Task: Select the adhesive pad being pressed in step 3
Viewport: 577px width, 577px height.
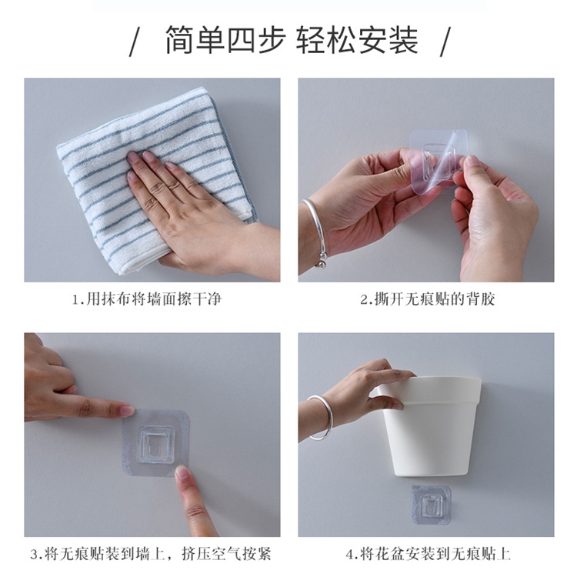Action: coord(155,443)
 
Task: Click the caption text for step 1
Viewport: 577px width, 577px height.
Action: coord(147,299)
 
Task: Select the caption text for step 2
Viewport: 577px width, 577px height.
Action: coord(427,299)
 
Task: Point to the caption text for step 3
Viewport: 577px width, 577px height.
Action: coord(151,553)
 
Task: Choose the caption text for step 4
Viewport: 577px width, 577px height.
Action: coord(428,553)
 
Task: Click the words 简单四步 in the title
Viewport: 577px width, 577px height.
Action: coord(225,40)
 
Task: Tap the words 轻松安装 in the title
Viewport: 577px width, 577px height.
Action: coord(357,40)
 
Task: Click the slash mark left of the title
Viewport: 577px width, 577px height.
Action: coord(135,42)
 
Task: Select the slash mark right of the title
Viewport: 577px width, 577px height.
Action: coord(445,42)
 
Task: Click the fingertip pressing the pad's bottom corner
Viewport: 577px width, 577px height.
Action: coord(182,472)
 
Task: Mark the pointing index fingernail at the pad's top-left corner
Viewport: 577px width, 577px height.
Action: coord(128,410)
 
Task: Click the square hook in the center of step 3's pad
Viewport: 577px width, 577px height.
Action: coord(156,444)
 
